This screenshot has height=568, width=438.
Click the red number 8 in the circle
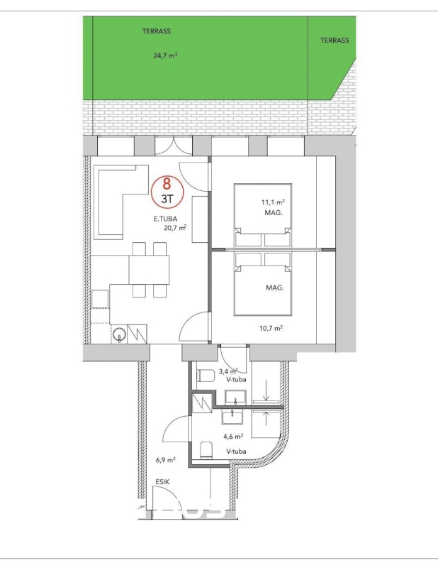[167, 184]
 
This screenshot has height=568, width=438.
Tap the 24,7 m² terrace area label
[165, 56]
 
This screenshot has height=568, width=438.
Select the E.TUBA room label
[165, 219]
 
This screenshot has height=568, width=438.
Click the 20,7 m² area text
[175, 228]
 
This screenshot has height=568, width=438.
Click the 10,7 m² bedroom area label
[271, 328]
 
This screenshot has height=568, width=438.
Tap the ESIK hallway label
[162, 482]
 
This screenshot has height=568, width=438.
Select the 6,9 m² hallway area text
[166, 460]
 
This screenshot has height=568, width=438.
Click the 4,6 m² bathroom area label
[233, 437]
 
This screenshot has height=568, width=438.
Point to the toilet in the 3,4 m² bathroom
[206, 375]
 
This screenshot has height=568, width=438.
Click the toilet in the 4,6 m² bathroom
[206, 449]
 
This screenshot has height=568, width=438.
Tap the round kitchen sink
[119, 334]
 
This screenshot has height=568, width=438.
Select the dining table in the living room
[149, 270]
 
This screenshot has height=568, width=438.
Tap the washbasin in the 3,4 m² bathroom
[235, 398]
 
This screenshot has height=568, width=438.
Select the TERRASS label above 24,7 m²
[156, 31]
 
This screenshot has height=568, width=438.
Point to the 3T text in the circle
[167, 199]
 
